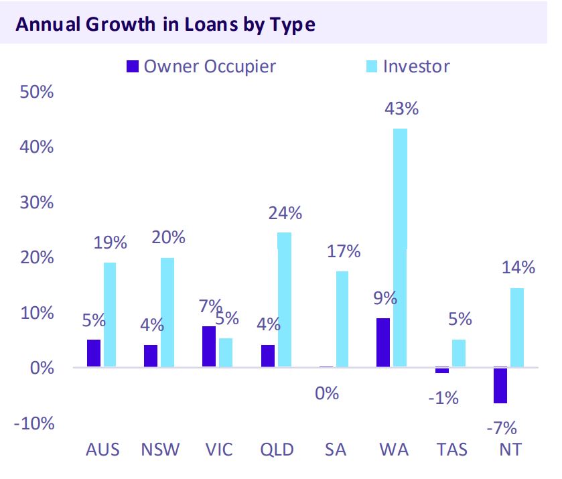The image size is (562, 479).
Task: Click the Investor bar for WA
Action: point(400,248)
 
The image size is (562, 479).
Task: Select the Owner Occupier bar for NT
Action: point(500,385)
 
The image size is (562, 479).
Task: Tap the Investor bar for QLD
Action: point(285,299)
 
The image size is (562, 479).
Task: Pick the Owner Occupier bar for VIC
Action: point(209,346)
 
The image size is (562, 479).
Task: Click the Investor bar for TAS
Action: point(458,354)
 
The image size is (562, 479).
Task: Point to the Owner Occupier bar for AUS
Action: point(93,353)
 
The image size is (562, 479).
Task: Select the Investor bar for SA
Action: point(342,319)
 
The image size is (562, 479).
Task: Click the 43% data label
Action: point(401,108)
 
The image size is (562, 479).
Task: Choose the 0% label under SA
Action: point(327,393)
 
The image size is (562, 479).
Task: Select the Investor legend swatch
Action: point(372,66)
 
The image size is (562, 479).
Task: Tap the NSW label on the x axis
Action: point(160,449)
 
